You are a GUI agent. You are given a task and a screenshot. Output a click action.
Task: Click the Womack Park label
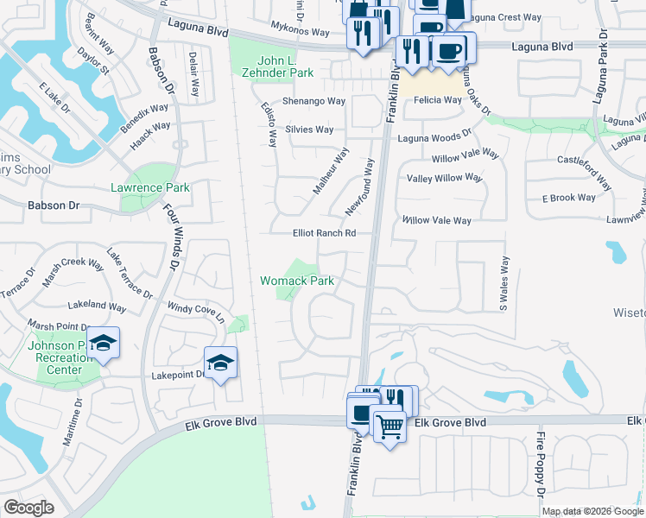pyautogui.click(x=297, y=281)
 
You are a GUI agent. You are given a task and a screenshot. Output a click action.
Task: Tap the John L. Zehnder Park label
pyautogui.click(x=285, y=67)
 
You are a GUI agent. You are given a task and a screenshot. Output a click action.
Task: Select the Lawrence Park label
pyautogui.click(x=149, y=187)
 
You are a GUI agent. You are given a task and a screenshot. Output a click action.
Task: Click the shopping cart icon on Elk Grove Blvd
pyautogui.click(x=389, y=425)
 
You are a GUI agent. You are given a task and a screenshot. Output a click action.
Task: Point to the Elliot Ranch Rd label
pyautogui.click(x=325, y=233)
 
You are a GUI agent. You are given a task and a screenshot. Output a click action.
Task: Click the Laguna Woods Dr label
pyautogui.click(x=434, y=136)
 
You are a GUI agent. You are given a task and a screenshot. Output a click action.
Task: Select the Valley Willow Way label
pyautogui.click(x=444, y=177)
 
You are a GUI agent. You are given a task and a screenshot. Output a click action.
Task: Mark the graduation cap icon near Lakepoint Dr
pyautogui.click(x=220, y=363)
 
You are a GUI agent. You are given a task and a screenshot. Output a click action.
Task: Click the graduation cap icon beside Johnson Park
pyautogui.click(x=103, y=344)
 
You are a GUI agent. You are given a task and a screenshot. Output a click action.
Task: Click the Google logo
pyautogui.click(x=28, y=508)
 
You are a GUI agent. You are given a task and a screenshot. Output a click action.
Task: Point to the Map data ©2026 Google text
pyautogui.click(x=592, y=511)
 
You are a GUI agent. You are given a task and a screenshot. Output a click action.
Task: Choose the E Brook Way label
pyautogui.click(x=569, y=198)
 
